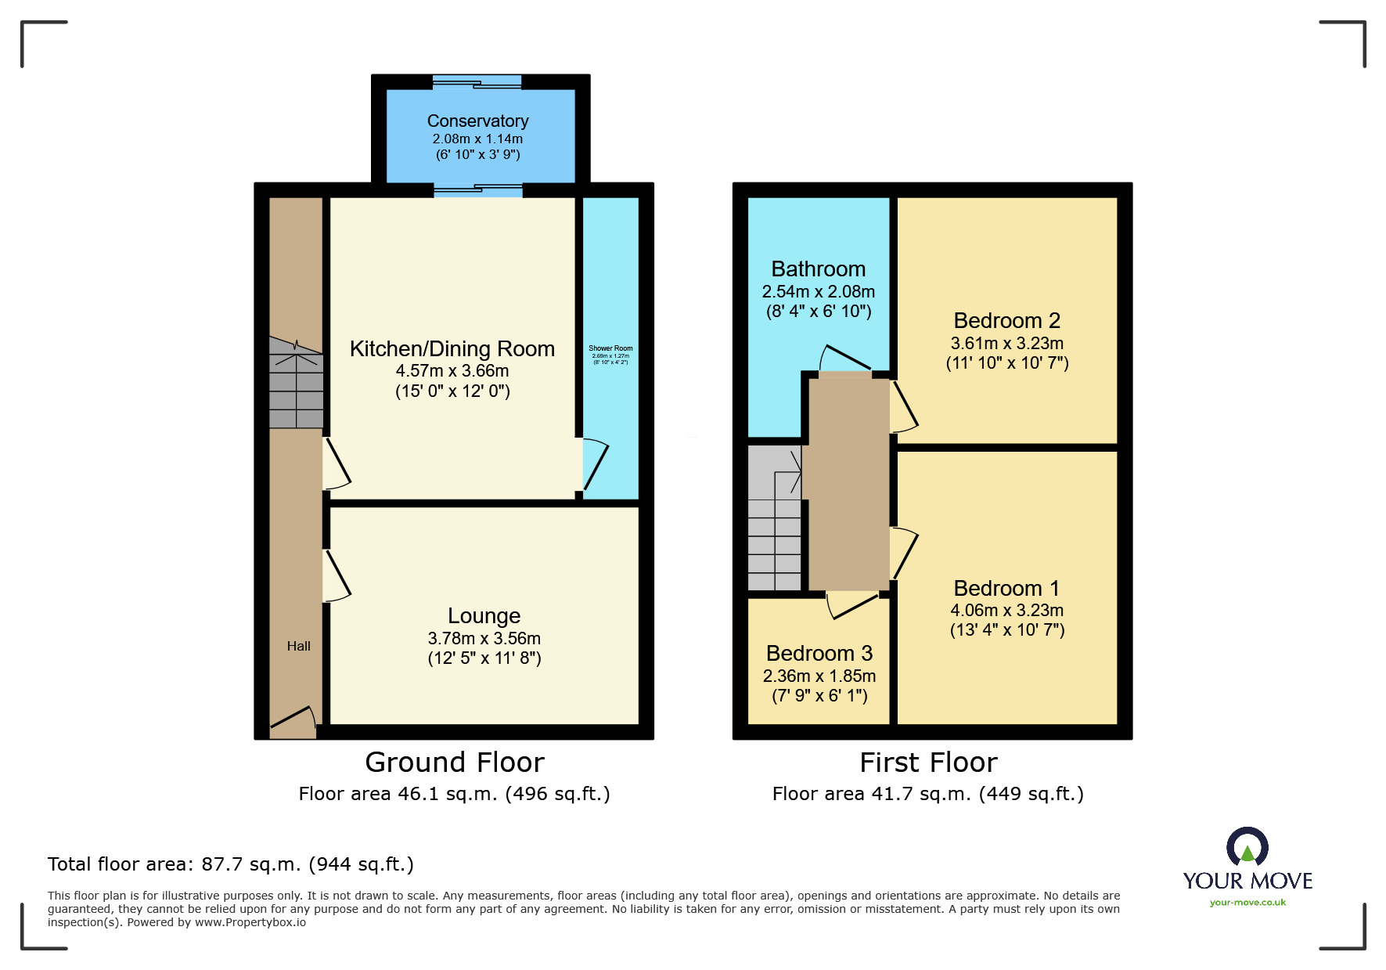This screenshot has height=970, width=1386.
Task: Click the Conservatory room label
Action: (x=477, y=121)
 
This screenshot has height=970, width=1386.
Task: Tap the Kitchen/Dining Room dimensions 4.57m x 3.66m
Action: (x=452, y=371)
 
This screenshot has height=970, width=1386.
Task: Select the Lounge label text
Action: (x=484, y=616)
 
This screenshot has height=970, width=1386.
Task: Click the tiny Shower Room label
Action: (x=610, y=348)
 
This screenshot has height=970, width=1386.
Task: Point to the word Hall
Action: (x=298, y=646)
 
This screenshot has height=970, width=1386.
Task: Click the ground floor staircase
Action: (x=296, y=384)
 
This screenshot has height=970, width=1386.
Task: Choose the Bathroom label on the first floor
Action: (x=818, y=269)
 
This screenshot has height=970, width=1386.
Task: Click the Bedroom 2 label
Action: (x=1006, y=321)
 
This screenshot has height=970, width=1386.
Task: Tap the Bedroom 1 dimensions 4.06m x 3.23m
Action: (x=1006, y=611)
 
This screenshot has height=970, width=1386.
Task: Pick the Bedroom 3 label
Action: (x=819, y=654)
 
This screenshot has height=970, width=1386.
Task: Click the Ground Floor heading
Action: (x=454, y=763)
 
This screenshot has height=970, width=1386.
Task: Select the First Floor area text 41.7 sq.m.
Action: (x=927, y=794)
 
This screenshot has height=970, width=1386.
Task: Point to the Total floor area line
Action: (x=230, y=864)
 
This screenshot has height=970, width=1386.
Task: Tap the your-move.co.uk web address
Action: (x=1247, y=903)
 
